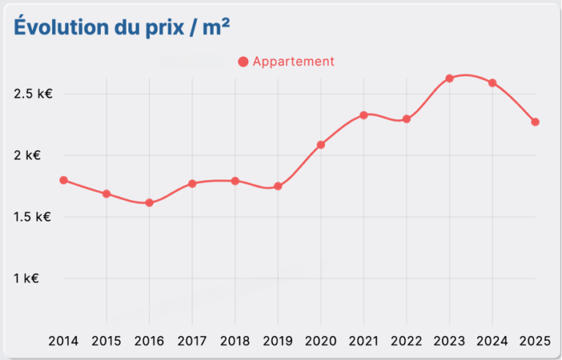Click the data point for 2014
tap(64, 180)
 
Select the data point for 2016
tap(149, 203)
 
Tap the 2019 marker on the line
tap(278, 187)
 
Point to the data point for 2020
tap(321, 145)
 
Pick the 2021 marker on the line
tap(364, 115)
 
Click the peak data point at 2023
tap(449, 78)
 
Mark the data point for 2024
tap(492, 83)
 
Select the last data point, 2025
tap(535, 122)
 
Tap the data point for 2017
tap(192, 184)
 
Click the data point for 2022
tap(407, 119)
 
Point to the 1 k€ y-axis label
tap(26, 278)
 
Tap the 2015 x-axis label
tap(107, 340)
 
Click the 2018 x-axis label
tap(235, 340)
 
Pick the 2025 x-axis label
tap(535, 340)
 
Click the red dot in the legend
tap(244, 62)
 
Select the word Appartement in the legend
tap(293, 61)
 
